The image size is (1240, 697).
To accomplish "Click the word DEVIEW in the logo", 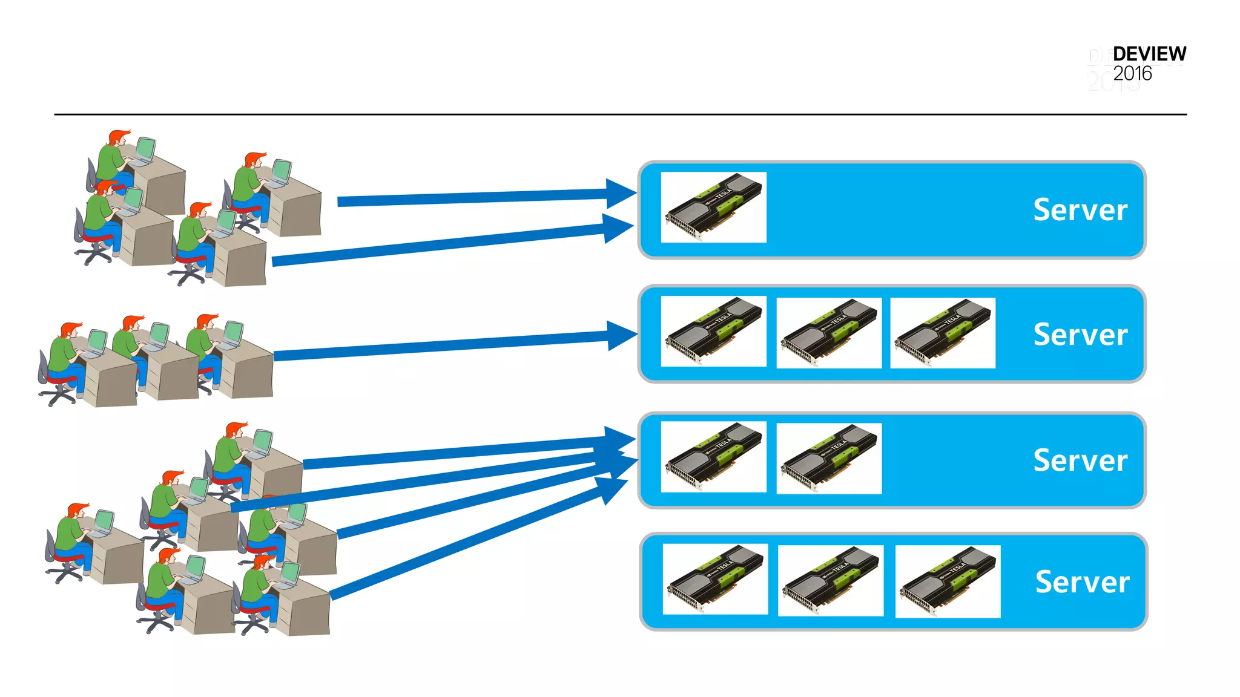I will [x=1149, y=54].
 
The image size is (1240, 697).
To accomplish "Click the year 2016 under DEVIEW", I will [x=1132, y=74].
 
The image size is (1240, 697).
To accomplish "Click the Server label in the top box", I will [x=1080, y=210].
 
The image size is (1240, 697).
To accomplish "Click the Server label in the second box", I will [x=1080, y=335].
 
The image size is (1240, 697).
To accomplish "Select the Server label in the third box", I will [x=1080, y=460].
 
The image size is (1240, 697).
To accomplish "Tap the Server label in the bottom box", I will [x=1082, y=582].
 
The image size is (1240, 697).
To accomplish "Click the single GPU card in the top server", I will [x=713, y=207].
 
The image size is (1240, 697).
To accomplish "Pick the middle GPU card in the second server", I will [x=828, y=332].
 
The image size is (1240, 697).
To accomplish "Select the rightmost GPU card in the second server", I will [x=942, y=332].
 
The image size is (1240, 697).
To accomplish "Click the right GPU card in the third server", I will [x=828, y=458].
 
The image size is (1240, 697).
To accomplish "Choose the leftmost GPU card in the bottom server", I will [x=715, y=579].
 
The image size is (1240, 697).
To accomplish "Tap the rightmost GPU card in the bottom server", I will [x=948, y=581].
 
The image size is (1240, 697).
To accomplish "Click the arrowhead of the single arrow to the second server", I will [x=621, y=335].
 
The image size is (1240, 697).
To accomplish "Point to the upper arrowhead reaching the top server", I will [x=620, y=194].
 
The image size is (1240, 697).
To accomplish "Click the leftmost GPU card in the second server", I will [x=713, y=331].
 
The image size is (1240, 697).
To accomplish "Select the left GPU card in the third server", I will [x=713, y=457].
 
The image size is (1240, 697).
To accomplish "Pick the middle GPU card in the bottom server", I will [x=830, y=580].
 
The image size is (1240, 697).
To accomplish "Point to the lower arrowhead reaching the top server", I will [x=618, y=228].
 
